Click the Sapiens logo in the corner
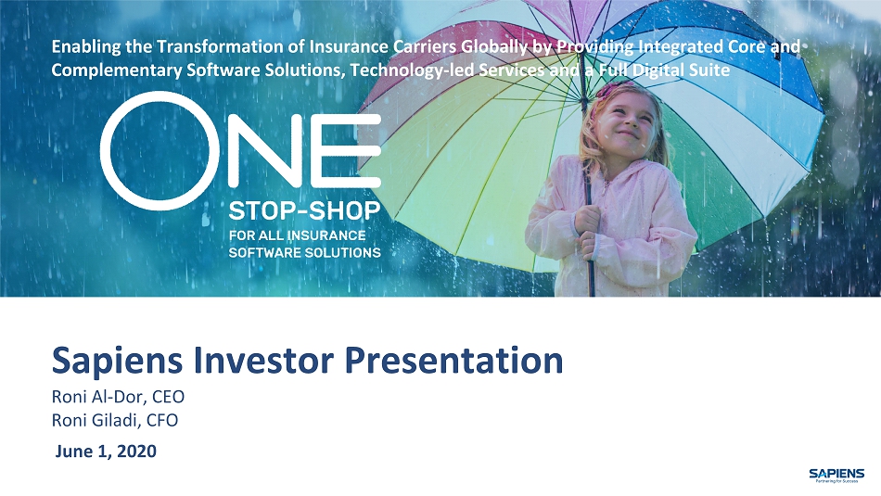pyautogui.click(x=836, y=475)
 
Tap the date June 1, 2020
pyautogui.click(x=106, y=451)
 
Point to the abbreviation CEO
pyautogui.click(x=168, y=397)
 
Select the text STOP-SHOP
pyautogui.click(x=304, y=211)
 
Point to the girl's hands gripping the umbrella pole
pyautogui.click(x=590, y=230)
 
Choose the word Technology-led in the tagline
pyautogui.click(x=411, y=70)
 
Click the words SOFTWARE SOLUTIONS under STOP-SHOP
pyautogui.click(x=304, y=252)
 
